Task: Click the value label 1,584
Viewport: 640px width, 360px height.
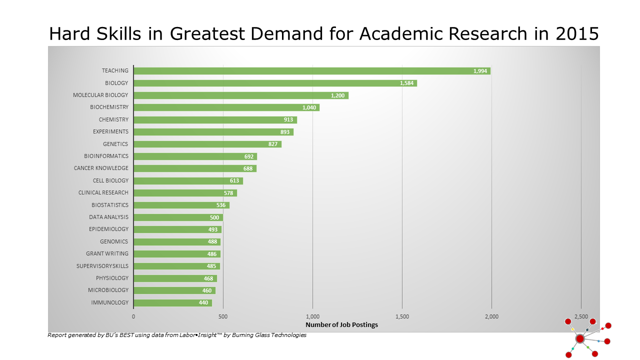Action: click(406, 83)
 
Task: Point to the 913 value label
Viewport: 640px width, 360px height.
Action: click(288, 119)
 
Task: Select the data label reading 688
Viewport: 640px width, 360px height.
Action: click(248, 168)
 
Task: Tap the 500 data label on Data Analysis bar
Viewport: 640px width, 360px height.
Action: click(215, 217)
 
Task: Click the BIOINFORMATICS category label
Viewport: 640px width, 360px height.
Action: click(106, 156)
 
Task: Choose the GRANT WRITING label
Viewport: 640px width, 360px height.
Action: click(107, 253)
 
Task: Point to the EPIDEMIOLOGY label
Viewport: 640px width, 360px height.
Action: click(108, 229)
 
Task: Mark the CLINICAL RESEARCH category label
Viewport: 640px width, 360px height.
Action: click(103, 192)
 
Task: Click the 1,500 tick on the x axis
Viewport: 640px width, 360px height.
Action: click(402, 316)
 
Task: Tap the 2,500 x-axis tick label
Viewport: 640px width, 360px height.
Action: click(580, 316)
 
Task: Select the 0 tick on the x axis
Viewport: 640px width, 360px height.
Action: click(133, 316)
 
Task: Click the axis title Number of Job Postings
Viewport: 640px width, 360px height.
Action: click(341, 325)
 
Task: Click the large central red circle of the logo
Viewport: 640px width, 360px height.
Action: click(580, 338)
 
